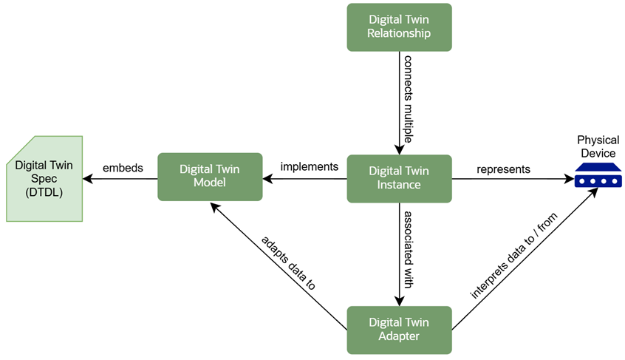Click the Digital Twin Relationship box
[399, 27]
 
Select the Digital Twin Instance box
[399, 178]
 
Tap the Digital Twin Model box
[210, 177]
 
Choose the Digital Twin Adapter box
[399, 330]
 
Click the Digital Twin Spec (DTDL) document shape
[44, 178]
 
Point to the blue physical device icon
[598, 178]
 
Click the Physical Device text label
[598, 146]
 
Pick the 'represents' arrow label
[503, 169]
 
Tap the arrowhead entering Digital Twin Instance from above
[399, 150]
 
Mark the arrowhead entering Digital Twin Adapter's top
[399, 302]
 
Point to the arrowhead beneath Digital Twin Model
[214, 207]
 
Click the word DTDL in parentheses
[44, 192]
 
